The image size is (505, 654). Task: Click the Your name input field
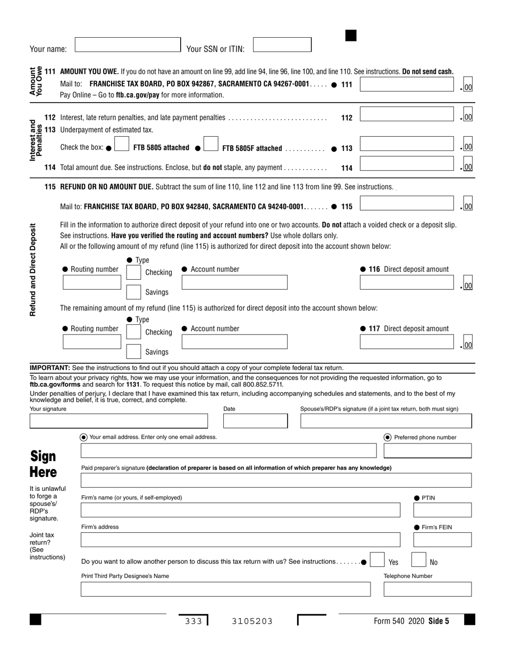[128, 45]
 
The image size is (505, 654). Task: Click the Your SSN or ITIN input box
[282, 45]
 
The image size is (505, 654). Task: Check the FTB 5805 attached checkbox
[122, 144]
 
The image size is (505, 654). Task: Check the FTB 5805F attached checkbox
[211, 144]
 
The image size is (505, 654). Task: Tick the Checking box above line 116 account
[133, 272]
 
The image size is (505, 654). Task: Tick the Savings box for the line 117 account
[133, 351]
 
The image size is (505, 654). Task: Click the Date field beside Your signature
[255, 421]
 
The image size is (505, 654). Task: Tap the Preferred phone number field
[427, 451]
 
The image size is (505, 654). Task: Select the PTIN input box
[442, 510]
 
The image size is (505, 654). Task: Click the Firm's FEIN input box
[442, 540]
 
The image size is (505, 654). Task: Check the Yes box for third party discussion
[377, 560]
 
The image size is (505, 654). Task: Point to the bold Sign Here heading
[43, 464]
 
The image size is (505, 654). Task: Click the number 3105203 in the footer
[252, 621]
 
